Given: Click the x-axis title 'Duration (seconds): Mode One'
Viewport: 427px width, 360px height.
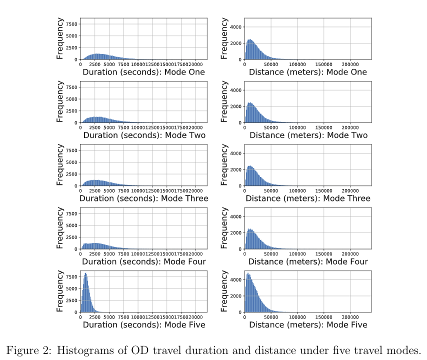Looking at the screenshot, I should [143, 72].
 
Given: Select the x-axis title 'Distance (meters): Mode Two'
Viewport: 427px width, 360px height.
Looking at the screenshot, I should [308, 135].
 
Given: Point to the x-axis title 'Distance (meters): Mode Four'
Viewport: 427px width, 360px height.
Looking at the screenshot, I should [308, 261].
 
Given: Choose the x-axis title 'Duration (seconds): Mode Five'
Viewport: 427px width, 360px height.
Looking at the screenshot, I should [143, 325].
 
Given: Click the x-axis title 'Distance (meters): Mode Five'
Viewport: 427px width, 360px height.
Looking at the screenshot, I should [308, 325].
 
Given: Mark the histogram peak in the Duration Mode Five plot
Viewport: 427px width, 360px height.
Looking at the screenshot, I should [86, 273].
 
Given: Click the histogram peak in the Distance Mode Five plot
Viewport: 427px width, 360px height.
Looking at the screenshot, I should [248, 273].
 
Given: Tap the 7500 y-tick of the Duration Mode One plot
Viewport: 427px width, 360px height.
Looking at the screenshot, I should [71, 24].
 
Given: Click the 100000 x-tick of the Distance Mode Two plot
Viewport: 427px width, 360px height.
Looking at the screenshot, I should [297, 127].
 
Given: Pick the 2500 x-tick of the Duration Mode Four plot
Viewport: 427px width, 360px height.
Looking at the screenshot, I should [95, 253].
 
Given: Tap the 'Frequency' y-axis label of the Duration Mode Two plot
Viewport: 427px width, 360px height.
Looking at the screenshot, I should [60, 102].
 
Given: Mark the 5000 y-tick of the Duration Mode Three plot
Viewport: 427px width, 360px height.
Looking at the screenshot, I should [71, 162].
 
